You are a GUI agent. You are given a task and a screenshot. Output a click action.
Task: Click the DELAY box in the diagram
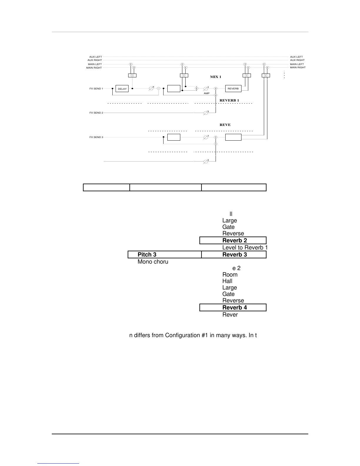(122, 89)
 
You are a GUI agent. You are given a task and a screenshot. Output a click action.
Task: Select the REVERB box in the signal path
(233, 88)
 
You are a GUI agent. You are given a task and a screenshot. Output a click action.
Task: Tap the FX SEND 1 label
(96, 89)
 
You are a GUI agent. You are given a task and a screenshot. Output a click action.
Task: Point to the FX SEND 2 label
(96, 113)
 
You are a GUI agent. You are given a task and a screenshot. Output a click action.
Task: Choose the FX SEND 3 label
(96, 137)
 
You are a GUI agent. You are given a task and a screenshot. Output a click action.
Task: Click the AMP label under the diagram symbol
(207, 93)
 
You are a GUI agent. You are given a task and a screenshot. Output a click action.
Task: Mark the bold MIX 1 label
(216, 77)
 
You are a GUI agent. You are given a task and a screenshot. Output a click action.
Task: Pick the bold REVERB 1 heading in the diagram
(229, 100)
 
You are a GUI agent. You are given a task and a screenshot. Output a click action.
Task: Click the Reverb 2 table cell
(233, 240)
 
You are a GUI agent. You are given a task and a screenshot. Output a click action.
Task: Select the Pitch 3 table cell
(165, 254)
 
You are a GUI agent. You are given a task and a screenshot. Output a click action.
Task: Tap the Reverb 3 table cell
(234, 254)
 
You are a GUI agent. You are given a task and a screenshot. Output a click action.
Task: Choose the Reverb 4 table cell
(233, 307)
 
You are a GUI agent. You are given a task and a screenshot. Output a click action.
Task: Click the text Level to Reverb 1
(245, 248)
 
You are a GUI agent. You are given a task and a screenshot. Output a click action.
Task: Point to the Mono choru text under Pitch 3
(153, 262)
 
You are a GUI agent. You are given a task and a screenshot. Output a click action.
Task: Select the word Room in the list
(230, 275)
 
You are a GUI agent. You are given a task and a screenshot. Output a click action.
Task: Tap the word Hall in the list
(227, 281)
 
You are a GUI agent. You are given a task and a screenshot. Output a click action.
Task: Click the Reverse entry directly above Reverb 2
(233, 234)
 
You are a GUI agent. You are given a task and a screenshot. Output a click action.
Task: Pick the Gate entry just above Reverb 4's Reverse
(229, 294)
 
